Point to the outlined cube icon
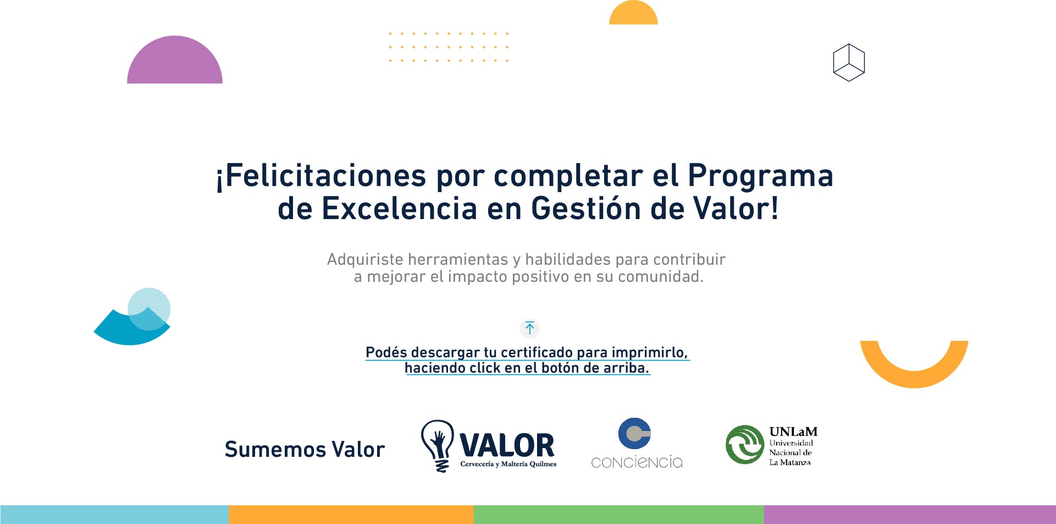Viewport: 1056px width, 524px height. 849,63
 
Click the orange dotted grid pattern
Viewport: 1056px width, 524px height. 449,47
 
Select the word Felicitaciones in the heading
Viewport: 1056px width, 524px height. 325,176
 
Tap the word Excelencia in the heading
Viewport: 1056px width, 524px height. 399,209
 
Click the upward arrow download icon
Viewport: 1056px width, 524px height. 530,329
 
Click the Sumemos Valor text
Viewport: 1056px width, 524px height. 305,449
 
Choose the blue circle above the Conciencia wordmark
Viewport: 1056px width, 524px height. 634,433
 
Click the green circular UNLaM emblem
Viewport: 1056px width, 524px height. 745,444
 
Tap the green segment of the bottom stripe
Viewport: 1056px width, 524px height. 618,515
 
